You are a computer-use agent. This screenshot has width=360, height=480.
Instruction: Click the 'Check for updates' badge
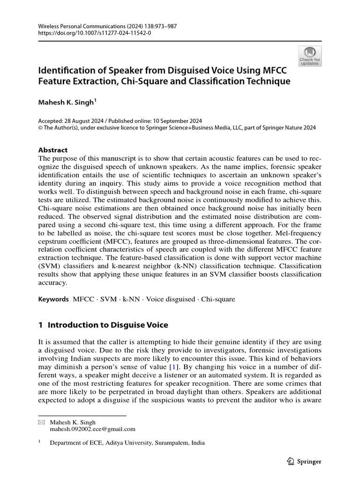click(310, 56)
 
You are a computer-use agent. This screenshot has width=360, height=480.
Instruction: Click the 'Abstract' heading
click(52, 150)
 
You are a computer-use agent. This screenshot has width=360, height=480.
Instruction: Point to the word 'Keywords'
click(53, 299)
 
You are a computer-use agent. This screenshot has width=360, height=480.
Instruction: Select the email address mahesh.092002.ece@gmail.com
click(92, 428)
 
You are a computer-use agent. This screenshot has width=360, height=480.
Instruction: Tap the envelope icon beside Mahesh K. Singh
click(41, 422)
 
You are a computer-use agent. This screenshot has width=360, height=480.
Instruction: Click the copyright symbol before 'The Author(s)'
click(40, 127)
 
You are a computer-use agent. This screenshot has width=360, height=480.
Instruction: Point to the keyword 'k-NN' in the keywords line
click(131, 299)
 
